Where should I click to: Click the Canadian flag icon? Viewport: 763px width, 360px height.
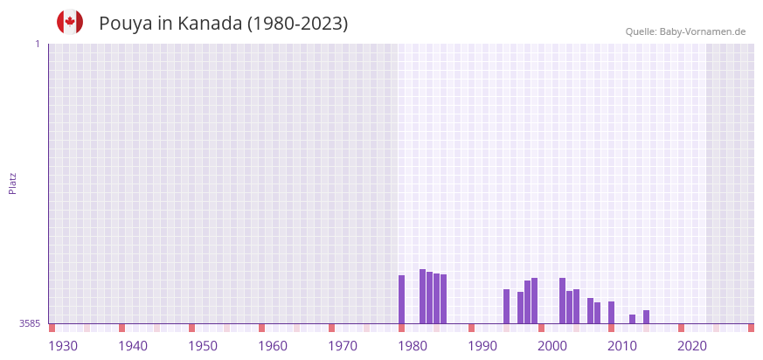click(x=70, y=22)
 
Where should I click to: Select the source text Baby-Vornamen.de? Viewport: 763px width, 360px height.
click(x=702, y=31)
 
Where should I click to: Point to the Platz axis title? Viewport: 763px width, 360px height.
click(x=12, y=183)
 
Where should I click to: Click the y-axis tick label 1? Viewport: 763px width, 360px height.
click(x=37, y=44)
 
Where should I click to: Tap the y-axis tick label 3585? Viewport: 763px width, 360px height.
click(x=30, y=323)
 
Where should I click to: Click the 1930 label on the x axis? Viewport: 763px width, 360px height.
click(x=63, y=346)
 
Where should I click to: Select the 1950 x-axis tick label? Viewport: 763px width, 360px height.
click(x=203, y=346)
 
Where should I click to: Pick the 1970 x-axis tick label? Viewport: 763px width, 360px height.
click(x=343, y=346)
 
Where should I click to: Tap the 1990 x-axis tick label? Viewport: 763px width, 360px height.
click(x=482, y=346)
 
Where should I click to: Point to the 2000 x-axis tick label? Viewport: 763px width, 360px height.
click(x=552, y=346)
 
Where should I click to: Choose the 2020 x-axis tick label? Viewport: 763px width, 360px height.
click(x=692, y=346)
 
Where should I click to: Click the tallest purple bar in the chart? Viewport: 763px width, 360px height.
click(x=422, y=296)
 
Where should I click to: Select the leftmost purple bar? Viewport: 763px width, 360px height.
click(x=401, y=299)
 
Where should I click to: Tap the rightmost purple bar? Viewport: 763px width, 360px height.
click(x=646, y=316)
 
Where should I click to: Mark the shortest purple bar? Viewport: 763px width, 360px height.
click(x=632, y=319)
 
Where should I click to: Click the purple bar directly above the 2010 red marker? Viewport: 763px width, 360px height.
click(x=611, y=312)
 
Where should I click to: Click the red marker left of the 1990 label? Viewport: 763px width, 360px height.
click(x=471, y=328)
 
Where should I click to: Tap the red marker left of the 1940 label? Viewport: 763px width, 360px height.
click(x=121, y=328)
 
